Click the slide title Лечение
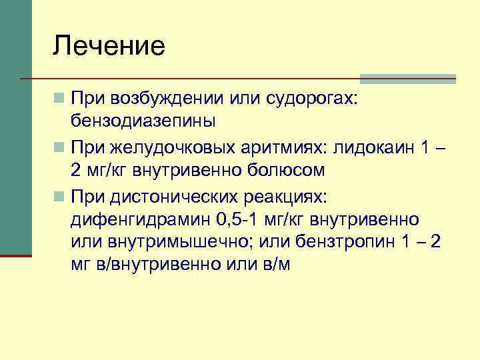(x=109, y=47)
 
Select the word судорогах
(x=313, y=99)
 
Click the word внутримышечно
(x=197, y=241)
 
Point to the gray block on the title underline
(x=408, y=79)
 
